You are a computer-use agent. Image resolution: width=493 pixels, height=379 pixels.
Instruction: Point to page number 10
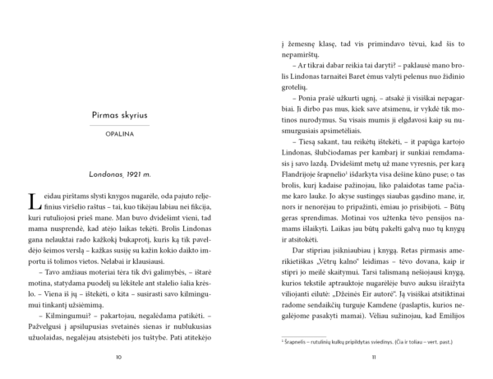coord(119,357)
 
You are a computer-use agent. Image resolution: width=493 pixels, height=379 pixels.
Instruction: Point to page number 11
coord(373,357)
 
